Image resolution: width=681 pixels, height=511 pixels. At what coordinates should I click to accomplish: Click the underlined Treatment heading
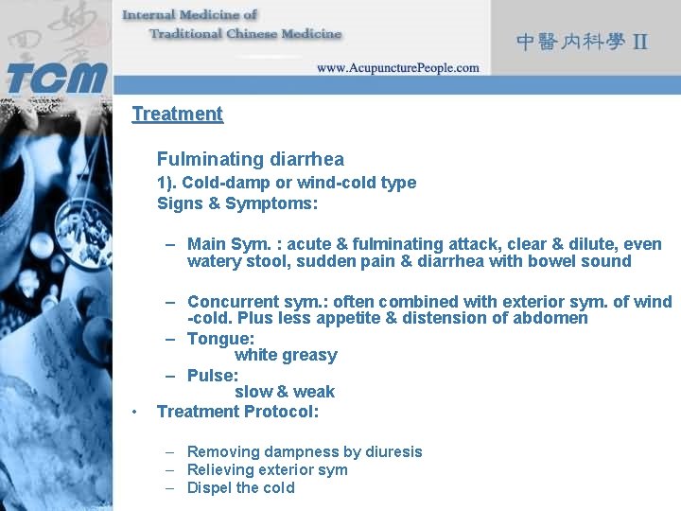(x=177, y=115)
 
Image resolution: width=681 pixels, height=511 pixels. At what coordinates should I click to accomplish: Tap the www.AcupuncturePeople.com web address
(x=397, y=68)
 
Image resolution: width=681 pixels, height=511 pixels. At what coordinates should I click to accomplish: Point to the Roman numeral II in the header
(x=640, y=42)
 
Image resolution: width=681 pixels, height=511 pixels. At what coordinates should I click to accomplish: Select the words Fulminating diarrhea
(x=250, y=159)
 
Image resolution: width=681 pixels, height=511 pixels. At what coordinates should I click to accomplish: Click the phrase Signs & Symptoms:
(x=236, y=203)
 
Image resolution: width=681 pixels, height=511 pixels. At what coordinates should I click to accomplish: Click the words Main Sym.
(x=225, y=244)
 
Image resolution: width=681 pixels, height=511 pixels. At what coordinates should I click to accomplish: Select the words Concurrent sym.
(x=249, y=302)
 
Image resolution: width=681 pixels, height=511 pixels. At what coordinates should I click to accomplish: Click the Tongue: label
(x=220, y=338)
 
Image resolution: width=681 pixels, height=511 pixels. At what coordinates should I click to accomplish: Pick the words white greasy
(x=285, y=356)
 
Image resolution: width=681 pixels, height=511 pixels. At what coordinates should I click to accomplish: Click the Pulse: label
(x=213, y=375)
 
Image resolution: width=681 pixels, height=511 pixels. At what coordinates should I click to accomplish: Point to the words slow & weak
(x=284, y=392)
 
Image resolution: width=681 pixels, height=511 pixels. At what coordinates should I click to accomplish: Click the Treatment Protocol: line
(x=237, y=412)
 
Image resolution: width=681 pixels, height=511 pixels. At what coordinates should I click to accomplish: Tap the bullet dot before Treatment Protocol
(x=136, y=412)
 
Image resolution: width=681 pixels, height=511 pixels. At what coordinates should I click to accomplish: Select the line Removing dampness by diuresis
(x=305, y=452)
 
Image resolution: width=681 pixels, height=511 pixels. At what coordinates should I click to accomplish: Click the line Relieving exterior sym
(x=267, y=470)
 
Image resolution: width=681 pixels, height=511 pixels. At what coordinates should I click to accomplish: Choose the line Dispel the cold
(x=240, y=488)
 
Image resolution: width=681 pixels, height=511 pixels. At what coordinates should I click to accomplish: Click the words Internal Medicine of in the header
(x=189, y=15)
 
